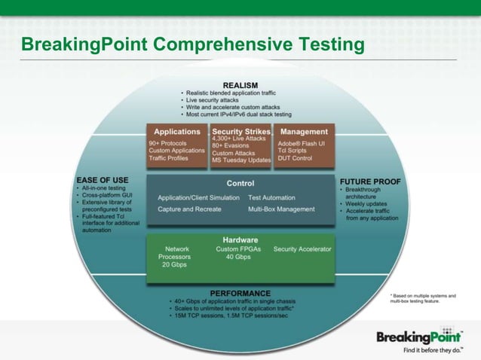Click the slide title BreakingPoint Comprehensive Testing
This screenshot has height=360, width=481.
click(193, 45)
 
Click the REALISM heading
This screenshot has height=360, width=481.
click(240, 84)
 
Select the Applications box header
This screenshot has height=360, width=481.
click(176, 132)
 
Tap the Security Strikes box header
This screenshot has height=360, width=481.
click(240, 132)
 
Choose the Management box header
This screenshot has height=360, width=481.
click(304, 132)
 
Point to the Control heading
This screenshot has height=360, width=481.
click(240, 183)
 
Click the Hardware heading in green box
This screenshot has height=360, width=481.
click(240, 240)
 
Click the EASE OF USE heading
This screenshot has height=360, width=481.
click(103, 181)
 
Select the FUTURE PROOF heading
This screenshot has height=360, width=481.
click(370, 182)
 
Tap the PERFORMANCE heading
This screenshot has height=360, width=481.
click(240, 292)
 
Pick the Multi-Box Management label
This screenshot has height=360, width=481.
click(281, 209)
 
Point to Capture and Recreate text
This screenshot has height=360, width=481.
click(189, 209)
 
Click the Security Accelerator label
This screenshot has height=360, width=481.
click(302, 249)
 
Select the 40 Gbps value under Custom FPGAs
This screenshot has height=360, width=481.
click(237, 258)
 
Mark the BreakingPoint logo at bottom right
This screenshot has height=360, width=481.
click(419, 336)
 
